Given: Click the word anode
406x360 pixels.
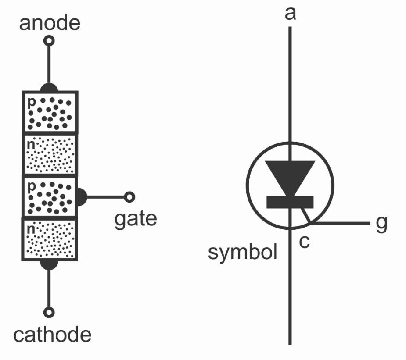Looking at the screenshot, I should (x=50, y=23).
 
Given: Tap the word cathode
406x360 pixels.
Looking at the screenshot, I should (x=52, y=335).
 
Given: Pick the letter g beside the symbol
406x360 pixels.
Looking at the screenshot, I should (x=381, y=224).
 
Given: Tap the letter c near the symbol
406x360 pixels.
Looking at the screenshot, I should (x=304, y=241).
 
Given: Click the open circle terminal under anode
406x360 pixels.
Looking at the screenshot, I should (x=49, y=41).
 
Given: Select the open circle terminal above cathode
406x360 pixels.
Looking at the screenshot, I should (x=49, y=312).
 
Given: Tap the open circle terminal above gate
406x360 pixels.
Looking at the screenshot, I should (x=129, y=197).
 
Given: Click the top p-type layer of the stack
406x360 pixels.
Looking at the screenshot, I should (x=50, y=112).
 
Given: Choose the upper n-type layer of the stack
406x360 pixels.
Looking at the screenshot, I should (x=50, y=154).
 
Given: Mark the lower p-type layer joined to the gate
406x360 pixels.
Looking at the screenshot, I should (x=50, y=197).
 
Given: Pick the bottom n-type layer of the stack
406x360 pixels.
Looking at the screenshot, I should (x=50, y=239).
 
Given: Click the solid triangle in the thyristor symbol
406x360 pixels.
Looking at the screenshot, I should (x=290, y=175).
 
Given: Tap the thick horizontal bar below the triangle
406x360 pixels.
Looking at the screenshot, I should (x=290, y=202).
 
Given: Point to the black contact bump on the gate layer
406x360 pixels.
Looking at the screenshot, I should (x=82, y=197).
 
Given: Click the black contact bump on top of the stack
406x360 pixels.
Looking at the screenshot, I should (x=49, y=87).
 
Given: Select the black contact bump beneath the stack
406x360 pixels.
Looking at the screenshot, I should (x=49, y=264).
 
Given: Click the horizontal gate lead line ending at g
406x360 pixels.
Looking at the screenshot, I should (x=342, y=224).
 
